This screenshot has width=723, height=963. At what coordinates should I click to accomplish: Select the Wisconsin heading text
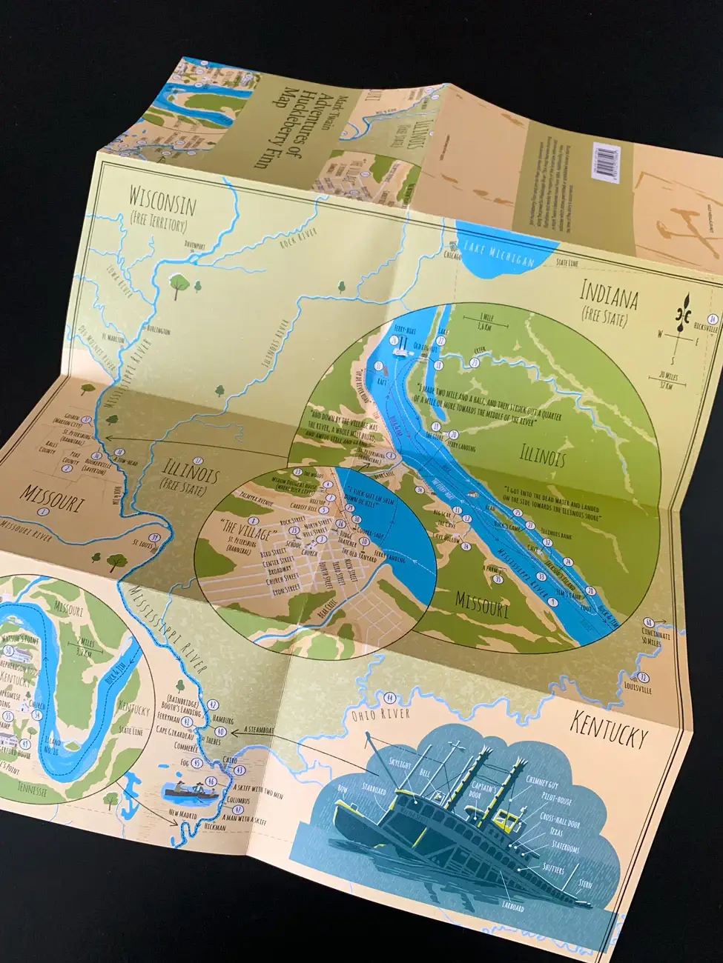[x=162, y=200]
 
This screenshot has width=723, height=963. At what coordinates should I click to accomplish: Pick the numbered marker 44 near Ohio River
[x=389, y=697]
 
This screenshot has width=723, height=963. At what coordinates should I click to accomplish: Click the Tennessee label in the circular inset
[x=22, y=791]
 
